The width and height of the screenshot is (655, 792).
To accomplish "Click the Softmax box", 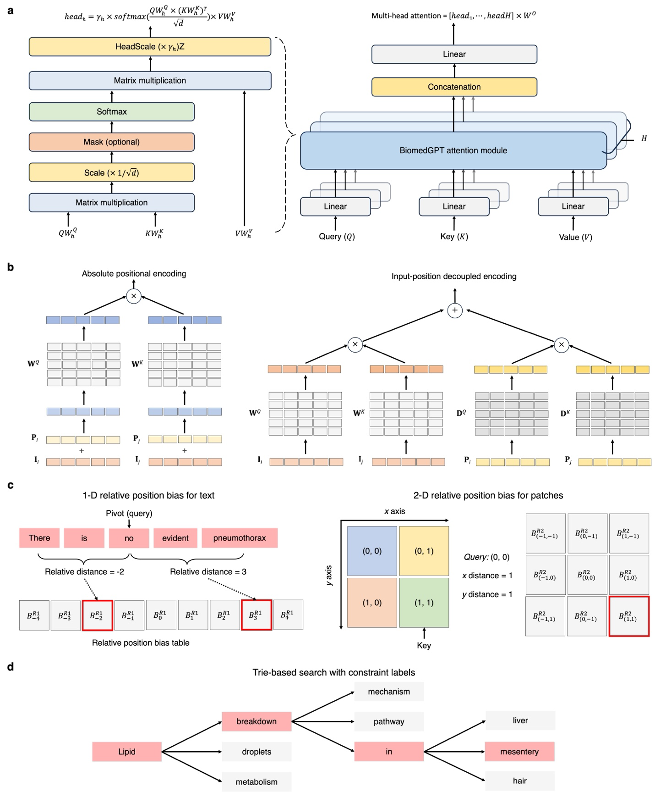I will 111,111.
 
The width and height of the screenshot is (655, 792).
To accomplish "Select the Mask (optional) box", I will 111,142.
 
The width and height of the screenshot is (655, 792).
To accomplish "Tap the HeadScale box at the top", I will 150,47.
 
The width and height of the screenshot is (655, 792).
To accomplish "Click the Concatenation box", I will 454,87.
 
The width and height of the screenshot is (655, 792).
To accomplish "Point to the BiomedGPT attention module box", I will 453,150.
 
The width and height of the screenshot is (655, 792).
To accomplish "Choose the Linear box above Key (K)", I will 454,206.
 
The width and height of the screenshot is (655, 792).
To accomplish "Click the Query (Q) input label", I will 337,237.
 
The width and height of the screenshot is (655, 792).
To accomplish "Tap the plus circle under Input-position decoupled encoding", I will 454,310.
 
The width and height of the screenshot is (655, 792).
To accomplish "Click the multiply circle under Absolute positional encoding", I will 134,296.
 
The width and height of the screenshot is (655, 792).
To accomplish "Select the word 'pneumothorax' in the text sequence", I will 240,538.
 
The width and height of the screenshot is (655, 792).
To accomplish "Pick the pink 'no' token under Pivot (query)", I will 129,538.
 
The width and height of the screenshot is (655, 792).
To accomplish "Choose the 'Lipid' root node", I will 127,752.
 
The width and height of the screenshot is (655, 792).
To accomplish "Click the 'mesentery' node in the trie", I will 519,752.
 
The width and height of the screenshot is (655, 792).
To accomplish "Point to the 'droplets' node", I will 257,752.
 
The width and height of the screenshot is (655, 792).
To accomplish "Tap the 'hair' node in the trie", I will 519,781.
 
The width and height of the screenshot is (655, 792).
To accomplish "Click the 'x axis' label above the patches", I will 394,511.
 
